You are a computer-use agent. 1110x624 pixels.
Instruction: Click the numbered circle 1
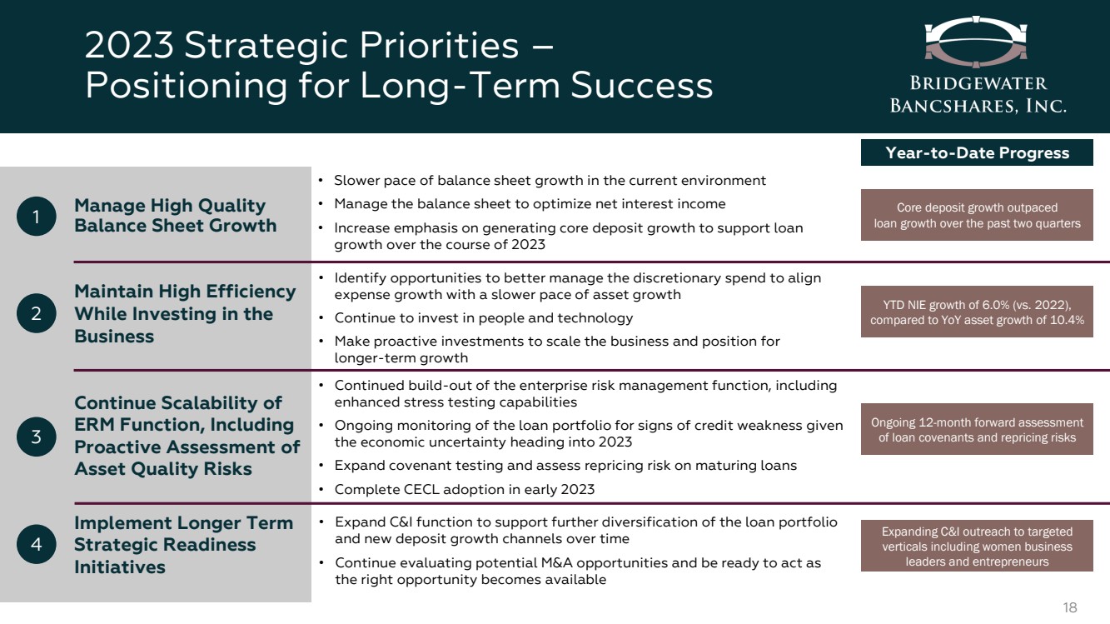click(36, 216)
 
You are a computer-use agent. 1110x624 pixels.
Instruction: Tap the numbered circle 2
click(36, 313)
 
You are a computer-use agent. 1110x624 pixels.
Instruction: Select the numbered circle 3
click(36, 437)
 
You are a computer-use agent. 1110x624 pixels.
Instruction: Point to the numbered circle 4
click(36, 544)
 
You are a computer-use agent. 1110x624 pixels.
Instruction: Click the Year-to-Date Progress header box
click(977, 152)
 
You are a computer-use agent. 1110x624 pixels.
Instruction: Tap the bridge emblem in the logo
click(976, 42)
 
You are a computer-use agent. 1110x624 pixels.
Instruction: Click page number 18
click(1070, 607)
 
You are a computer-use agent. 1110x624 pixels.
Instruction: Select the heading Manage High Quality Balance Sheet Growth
click(176, 216)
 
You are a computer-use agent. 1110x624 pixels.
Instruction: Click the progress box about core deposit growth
click(977, 215)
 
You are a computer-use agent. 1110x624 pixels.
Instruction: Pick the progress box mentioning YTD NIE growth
click(977, 312)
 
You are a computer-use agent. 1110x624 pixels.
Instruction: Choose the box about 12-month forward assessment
click(977, 429)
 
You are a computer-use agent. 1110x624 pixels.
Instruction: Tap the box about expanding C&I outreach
click(977, 546)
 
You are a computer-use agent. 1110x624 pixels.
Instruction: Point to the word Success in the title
click(642, 85)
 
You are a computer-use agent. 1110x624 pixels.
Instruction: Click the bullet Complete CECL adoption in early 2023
click(465, 490)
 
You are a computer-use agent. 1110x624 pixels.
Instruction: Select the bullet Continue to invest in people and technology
click(484, 318)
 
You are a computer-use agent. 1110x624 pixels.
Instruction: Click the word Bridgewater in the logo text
click(978, 83)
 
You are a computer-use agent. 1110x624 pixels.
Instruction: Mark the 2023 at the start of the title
click(129, 46)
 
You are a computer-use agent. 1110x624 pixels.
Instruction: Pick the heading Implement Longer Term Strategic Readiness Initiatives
click(183, 545)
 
